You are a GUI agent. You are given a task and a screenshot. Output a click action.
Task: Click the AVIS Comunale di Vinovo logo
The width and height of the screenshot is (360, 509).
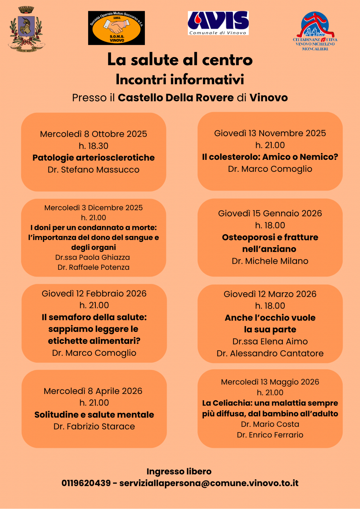click(218, 23)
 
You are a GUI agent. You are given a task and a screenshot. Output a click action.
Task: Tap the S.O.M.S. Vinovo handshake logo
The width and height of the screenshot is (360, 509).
click(116, 28)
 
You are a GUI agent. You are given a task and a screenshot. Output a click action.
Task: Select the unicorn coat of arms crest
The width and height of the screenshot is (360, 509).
click(26, 29)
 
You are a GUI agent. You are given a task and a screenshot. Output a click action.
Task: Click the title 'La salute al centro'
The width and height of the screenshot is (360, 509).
click(180, 60)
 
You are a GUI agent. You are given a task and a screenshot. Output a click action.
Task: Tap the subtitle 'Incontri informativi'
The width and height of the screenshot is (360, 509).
click(180, 80)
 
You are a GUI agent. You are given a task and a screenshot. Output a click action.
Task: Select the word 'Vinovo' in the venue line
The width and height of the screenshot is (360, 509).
click(268, 98)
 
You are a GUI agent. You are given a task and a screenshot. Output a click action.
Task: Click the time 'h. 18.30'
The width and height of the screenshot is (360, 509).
click(93, 146)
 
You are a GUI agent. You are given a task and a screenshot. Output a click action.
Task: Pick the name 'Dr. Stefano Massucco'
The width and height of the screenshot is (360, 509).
click(93, 170)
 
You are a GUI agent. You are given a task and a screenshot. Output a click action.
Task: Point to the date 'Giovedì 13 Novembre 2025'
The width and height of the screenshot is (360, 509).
click(270, 133)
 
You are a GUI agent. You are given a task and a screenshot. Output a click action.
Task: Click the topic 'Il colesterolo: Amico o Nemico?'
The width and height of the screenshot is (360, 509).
click(270, 157)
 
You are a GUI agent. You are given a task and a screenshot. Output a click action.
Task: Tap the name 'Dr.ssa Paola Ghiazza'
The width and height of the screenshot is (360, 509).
click(93, 257)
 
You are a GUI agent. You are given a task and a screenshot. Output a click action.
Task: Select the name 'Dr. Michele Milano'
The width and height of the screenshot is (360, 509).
click(270, 261)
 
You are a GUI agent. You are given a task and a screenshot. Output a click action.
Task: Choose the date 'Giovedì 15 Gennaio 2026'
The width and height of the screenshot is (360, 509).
click(270, 213)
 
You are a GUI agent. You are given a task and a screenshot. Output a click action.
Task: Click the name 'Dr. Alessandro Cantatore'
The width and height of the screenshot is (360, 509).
click(270, 353)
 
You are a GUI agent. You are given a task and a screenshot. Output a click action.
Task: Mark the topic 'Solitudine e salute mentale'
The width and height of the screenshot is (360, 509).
click(94, 415)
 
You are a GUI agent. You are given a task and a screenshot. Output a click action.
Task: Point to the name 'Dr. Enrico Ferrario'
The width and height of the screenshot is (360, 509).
click(270, 435)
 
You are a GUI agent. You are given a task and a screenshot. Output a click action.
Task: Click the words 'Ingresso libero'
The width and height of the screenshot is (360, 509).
click(179, 471)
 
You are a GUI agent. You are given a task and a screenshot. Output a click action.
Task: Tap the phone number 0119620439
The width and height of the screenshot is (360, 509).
click(86, 483)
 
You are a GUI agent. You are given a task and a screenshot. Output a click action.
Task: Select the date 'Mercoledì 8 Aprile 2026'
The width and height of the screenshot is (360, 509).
click(93, 391)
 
